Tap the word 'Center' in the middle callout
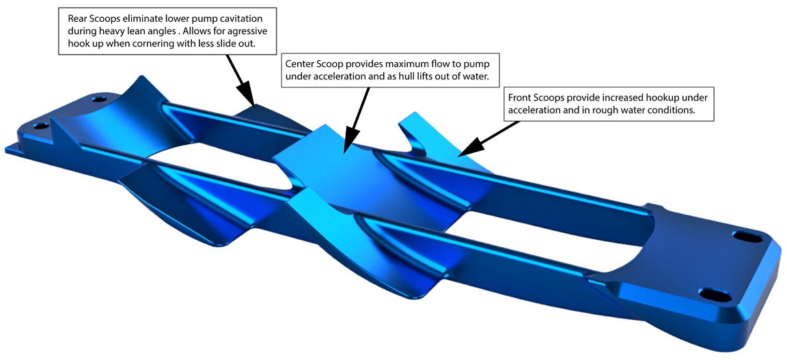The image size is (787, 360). pos(301,64)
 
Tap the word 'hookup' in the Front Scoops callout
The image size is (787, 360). pos(661,97)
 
